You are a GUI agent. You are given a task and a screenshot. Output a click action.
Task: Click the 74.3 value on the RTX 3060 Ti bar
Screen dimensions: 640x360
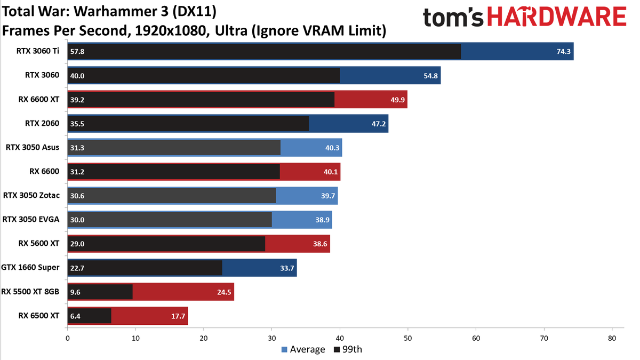pos(563,51)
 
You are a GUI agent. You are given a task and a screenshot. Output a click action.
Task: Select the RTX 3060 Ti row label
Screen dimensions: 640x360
pos(38,51)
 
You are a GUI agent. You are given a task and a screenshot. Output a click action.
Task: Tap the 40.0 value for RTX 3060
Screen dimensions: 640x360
pos(77,76)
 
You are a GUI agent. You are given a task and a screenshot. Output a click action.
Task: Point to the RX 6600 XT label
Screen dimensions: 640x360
pos(39,99)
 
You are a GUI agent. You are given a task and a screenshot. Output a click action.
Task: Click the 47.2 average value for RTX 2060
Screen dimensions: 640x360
pos(379,124)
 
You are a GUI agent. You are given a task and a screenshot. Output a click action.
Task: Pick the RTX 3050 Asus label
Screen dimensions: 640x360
pos(33,147)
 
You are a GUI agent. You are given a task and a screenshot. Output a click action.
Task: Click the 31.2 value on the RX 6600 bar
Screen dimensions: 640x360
pos(77,172)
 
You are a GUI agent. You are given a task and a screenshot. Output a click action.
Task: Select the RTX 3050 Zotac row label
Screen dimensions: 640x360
pos(31,195)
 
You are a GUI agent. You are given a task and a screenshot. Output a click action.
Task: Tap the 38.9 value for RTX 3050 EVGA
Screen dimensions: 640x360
pos(322,220)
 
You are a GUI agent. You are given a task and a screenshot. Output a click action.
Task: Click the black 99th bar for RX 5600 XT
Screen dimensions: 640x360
pos(166,244)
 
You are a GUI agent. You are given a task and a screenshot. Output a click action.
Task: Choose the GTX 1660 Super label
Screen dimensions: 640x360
pos(30,267)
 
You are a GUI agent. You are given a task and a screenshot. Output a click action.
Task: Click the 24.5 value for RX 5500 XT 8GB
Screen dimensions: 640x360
pos(224,292)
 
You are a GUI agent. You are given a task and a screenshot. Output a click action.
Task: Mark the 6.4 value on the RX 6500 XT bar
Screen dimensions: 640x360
pos(75,316)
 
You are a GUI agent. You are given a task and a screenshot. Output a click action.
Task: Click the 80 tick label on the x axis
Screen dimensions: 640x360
pos(612,338)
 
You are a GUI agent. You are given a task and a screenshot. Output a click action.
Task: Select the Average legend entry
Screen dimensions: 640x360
pos(303,349)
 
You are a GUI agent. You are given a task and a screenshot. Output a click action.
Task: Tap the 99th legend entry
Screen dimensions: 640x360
pos(348,349)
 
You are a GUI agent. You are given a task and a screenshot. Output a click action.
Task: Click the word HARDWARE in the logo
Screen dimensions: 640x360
pos(557,17)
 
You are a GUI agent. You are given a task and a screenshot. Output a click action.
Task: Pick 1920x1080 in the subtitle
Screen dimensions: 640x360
pos(170,30)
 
